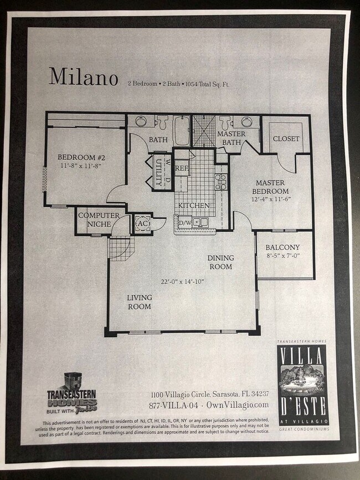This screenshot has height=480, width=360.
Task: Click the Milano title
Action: click(x=83, y=77)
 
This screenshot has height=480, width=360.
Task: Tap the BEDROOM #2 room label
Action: click(x=81, y=157)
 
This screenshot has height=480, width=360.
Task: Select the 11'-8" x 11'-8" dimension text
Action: click(x=81, y=166)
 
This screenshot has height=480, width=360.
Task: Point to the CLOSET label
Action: click(x=286, y=139)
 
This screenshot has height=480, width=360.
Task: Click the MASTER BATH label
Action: click(x=231, y=138)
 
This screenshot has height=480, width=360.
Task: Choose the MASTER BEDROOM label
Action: click(x=270, y=187)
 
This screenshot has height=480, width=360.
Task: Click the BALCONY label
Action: click(x=282, y=247)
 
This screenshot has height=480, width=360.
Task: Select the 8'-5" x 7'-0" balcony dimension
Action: click(x=282, y=256)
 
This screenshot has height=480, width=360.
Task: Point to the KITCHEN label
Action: click(x=193, y=205)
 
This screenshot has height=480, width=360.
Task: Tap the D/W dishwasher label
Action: click(x=184, y=223)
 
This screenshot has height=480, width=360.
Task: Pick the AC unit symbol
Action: click(x=142, y=223)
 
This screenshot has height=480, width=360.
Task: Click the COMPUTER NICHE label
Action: click(x=99, y=219)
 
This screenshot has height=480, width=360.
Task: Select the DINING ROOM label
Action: click(x=220, y=262)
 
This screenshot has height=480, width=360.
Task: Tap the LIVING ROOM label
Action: click(x=140, y=302)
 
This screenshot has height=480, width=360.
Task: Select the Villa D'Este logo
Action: click(x=302, y=385)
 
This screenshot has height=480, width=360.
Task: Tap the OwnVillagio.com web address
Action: click(x=239, y=405)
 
